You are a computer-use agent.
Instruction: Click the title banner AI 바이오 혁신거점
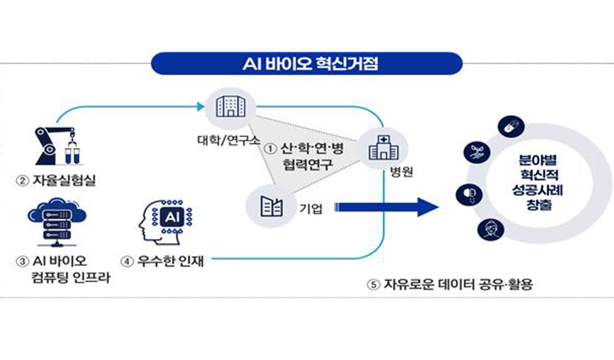[x=307, y=64]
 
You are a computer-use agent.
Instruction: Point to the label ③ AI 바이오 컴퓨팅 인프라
[x=62, y=270]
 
